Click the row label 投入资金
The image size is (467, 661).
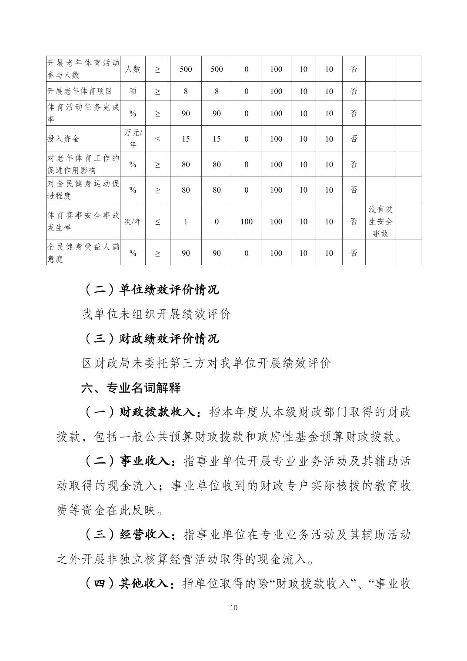[x=63, y=139]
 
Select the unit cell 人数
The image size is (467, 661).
[x=133, y=69]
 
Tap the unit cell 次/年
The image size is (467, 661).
[x=133, y=221]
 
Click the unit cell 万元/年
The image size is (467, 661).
[x=133, y=139]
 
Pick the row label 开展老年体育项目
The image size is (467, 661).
[x=80, y=91]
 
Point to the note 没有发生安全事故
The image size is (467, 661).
[x=380, y=221]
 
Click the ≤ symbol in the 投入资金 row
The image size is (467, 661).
[x=157, y=139]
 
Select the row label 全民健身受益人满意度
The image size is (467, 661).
[x=83, y=253]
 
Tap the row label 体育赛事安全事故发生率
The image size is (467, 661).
[x=83, y=221]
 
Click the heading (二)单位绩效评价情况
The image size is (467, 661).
[x=150, y=289]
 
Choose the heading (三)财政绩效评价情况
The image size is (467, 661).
[x=150, y=338]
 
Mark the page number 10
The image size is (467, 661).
[x=233, y=608]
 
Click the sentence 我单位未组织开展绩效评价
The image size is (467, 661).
[x=156, y=314]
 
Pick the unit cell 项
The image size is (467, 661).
[x=133, y=91]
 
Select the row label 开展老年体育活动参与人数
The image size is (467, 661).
[x=83, y=69]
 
